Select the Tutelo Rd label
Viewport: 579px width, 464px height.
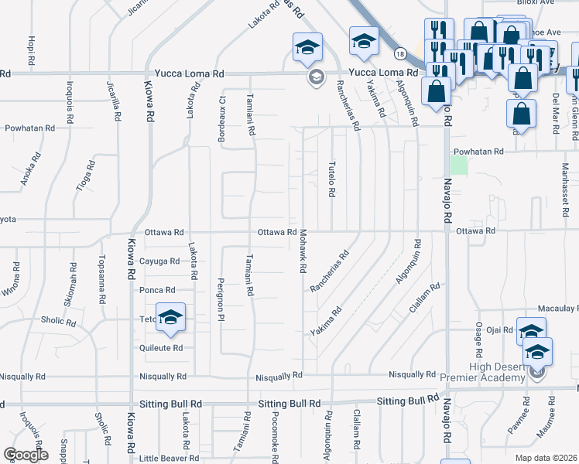coord(331,179)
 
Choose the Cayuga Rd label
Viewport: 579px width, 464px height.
coord(161,261)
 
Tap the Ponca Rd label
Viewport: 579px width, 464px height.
coord(157,290)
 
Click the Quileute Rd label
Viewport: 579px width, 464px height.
coord(161,348)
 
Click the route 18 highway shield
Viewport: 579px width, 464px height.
coord(399,54)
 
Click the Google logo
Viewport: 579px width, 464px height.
coord(26,455)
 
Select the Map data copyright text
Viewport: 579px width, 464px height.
coord(545,458)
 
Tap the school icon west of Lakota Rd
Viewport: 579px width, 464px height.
coord(171,318)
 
